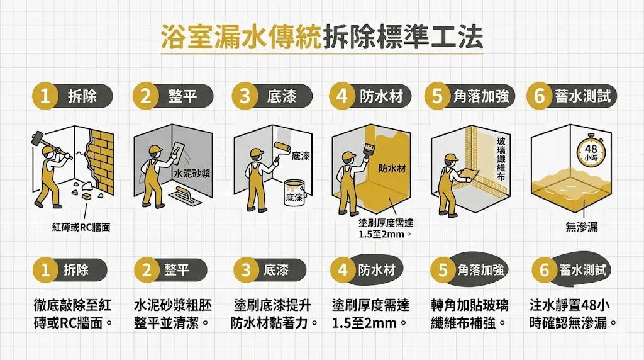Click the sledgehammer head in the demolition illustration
37,137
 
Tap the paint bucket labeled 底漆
294,193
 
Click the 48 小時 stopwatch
591,150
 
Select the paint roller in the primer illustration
282,147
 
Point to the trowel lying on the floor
186,196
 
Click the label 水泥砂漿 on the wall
192,174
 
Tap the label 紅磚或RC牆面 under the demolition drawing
81,227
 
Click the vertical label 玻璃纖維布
501,159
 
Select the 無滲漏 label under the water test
582,227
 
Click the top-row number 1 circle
45,97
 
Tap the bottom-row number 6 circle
545,270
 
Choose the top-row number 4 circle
341,97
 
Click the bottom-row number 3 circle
246,270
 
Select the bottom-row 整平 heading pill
170,270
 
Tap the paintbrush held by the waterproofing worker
369,149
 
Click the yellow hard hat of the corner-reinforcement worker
450,158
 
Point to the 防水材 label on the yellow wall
392,168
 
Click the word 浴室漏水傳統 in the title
241,37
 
